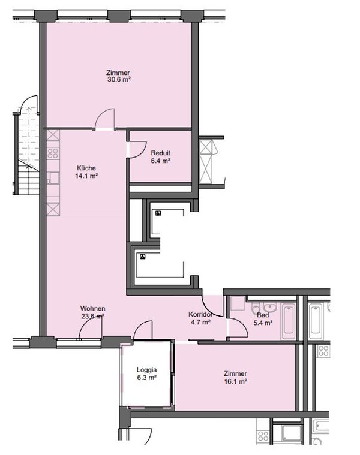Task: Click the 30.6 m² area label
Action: click(x=119, y=79)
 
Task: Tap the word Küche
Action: click(x=86, y=168)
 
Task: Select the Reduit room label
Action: click(x=161, y=153)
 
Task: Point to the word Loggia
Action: click(x=146, y=370)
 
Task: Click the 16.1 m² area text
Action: click(x=235, y=381)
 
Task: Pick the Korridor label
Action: click(x=200, y=314)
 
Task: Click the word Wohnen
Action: click(x=92, y=309)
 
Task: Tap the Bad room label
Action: click(x=263, y=315)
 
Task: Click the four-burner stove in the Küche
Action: click(x=53, y=153)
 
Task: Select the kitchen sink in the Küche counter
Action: click(x=53, y=178)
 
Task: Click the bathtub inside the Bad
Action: click(x=289, y=322)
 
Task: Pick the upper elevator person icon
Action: click(x=158, y=213)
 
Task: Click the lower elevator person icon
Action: click(x=142, y=257)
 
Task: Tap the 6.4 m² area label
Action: click(x=160, y=161)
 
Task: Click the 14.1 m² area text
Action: click(x=86, y=176)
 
